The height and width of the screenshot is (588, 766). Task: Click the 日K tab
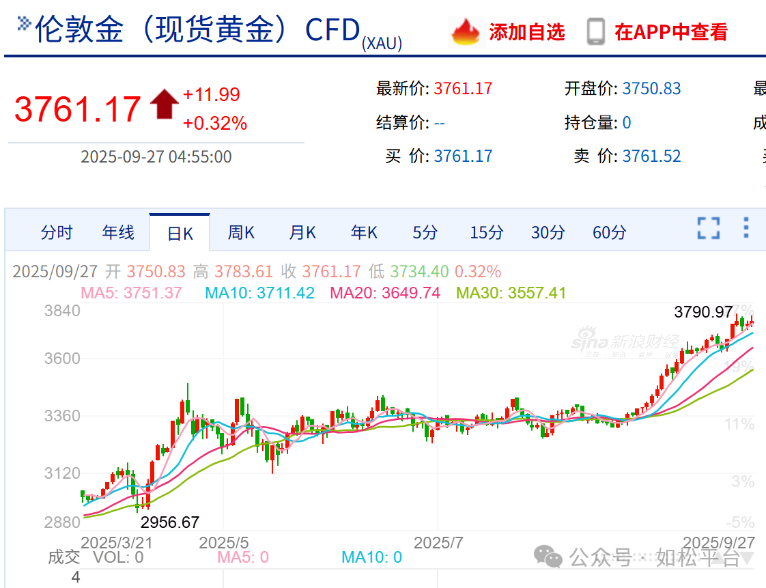(x=180, y=234)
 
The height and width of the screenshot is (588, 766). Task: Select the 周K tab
(x=241, y=233)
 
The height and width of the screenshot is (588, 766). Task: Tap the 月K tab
(x=302, y=233)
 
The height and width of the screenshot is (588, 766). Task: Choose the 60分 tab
(x=609, y=233)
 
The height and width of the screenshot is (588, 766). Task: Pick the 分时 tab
(x=57, y=233)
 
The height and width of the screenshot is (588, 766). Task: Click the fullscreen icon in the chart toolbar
(x=709, y=228)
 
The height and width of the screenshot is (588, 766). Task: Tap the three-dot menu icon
(x=746, y=227)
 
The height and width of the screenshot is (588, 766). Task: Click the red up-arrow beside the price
(x=164, y=104)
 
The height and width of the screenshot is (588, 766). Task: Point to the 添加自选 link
(x=526, y=32)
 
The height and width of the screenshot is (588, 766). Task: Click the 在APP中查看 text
(x=671, y=32)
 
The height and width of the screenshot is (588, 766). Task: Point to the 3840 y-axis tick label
(x=62, y=311)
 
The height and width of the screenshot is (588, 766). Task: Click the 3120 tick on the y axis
(x=62, y=473)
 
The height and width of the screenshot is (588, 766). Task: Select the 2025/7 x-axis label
(x=439, y=543)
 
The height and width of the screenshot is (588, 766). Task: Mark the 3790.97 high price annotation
(x=703, y=313)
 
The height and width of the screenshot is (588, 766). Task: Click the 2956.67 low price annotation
(x=170, y=522)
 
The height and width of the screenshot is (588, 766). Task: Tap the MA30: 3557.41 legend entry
(x=511, y=294)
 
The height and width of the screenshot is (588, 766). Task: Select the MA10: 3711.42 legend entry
(x=259, y=294)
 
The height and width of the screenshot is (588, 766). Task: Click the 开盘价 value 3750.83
(x=651, y=89)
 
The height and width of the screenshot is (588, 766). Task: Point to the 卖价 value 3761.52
(x=651, y=156)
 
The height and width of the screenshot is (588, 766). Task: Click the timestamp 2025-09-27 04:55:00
(x=156, y=157)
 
